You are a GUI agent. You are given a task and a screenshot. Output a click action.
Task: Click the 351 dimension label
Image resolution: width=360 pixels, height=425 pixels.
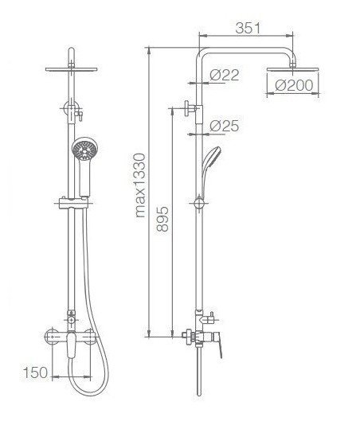point(248,28)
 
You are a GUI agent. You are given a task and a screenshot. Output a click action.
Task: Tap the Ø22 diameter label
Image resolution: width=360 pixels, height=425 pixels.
point(225,75)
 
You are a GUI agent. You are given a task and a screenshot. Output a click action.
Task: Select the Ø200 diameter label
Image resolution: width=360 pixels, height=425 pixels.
point(294,85)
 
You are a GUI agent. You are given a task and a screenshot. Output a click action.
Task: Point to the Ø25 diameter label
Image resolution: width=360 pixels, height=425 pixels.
point(225,126)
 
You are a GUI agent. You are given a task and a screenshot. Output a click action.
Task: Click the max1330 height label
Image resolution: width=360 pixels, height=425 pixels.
point(140,185)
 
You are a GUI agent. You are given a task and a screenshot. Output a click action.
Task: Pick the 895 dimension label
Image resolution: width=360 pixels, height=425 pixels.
point(162,219)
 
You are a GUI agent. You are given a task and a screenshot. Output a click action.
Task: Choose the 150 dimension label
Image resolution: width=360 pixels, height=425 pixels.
point(36,372)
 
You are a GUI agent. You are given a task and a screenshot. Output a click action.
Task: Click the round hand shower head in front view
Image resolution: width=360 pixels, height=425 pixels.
point(85,149)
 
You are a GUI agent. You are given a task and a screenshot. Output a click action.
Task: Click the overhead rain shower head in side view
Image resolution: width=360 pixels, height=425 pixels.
point(293,69)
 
